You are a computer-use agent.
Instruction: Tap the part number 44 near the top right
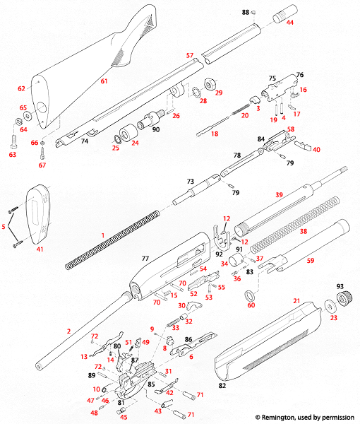pos(290,23)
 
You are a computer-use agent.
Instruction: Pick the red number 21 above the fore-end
pos(296,301)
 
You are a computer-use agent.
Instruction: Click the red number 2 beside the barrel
pos(68,331)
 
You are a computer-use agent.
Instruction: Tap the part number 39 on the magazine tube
pos(279,194)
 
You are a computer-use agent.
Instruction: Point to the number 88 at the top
pos(246,13)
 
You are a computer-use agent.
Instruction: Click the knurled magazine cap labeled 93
pos(343,300)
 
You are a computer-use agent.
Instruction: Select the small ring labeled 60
pos(251,292)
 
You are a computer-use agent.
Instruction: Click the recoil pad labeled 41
pos(40,211)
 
